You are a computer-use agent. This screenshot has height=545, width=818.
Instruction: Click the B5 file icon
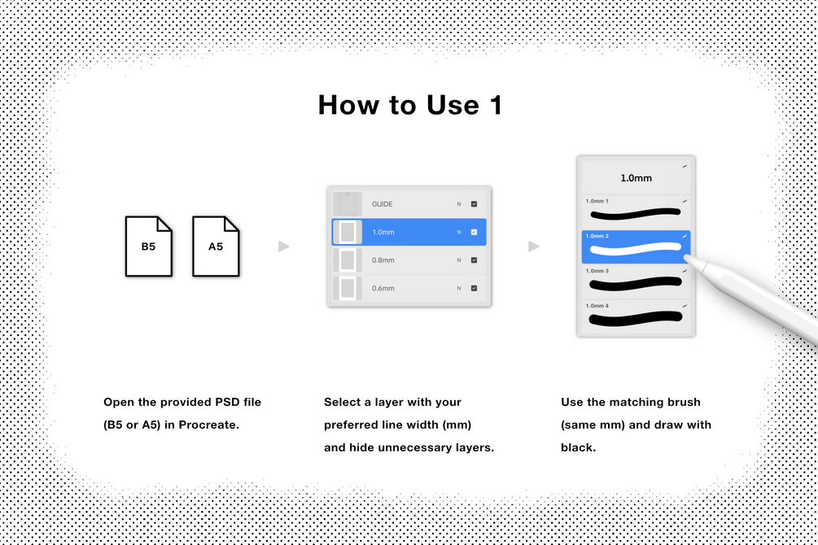tap(149, 246)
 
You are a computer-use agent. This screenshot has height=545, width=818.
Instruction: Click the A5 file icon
tap(216, 246)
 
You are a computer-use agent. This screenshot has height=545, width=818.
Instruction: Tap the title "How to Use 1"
tap(410, 105)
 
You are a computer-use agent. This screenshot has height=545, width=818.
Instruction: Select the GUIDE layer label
tap(382, 204)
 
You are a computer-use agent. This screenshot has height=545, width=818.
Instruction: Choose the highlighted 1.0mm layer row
tap(409, 232)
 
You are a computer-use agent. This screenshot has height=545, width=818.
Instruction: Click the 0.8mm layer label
tap(383, 260)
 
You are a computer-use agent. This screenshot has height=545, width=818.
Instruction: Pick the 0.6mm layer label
tap(383, 289)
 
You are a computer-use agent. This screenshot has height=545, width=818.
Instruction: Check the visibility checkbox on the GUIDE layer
tap(475, 204)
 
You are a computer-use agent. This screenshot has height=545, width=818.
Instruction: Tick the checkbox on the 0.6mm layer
tap(475, 289)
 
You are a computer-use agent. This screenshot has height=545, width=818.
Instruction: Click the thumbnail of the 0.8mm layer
tap(348, 260)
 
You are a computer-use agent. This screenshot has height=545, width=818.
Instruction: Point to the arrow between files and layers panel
tap(284, 246)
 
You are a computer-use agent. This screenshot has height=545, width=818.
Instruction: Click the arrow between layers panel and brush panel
tap(534, 246)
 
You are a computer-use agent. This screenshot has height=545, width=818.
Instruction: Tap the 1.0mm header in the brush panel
tap(636, 178)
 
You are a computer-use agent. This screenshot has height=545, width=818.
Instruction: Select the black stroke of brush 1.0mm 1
tap(636, 213)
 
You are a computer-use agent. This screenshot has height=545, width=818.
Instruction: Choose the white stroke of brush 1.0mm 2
tap(636, 249)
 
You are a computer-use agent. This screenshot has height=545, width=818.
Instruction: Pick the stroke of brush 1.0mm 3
tap(636, 284)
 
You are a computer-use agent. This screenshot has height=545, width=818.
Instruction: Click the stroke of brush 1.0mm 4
tap(636, 318)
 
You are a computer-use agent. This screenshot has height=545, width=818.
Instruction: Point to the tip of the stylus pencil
tap(685, 256)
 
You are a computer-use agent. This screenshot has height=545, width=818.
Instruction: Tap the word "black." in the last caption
tap(578, 447)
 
